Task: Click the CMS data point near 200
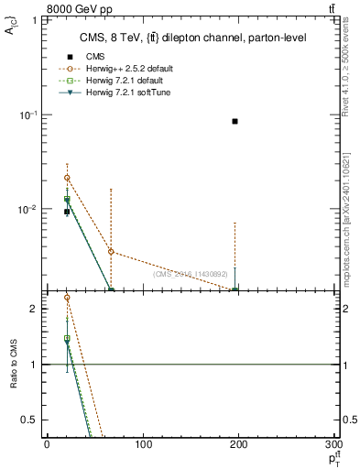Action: [235, 121]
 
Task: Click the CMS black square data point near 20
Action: [67, 212]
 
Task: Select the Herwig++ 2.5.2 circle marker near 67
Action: [111, 251]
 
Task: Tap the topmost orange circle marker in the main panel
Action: [67, 178]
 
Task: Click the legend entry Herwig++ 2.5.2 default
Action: [127, 69]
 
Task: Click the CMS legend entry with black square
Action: [102, 57]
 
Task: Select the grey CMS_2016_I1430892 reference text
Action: [191, 274]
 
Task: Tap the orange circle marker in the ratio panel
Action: [67, 298]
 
